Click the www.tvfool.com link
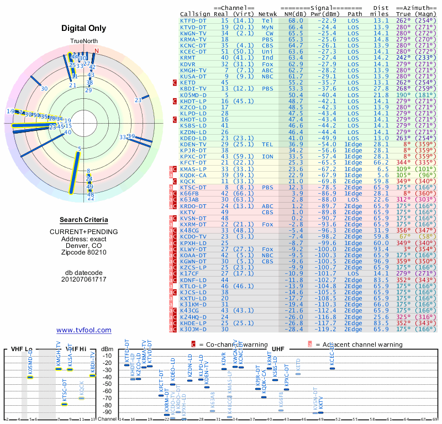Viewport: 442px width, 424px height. (84, 330)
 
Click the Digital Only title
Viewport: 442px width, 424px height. (84, 28)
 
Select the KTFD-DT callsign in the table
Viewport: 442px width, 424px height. (193, 20)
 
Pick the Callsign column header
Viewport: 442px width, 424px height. (196, 14)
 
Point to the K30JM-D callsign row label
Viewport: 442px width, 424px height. (193, 329)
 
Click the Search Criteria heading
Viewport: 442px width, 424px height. (84, 220)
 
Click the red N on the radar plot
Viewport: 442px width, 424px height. (97, 51)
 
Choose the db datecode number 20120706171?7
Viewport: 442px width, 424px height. (84, 279)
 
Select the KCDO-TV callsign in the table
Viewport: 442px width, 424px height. (193, 236)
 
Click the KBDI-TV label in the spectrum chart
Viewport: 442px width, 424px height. (93, 362)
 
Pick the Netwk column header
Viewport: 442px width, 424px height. (268, 14)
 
